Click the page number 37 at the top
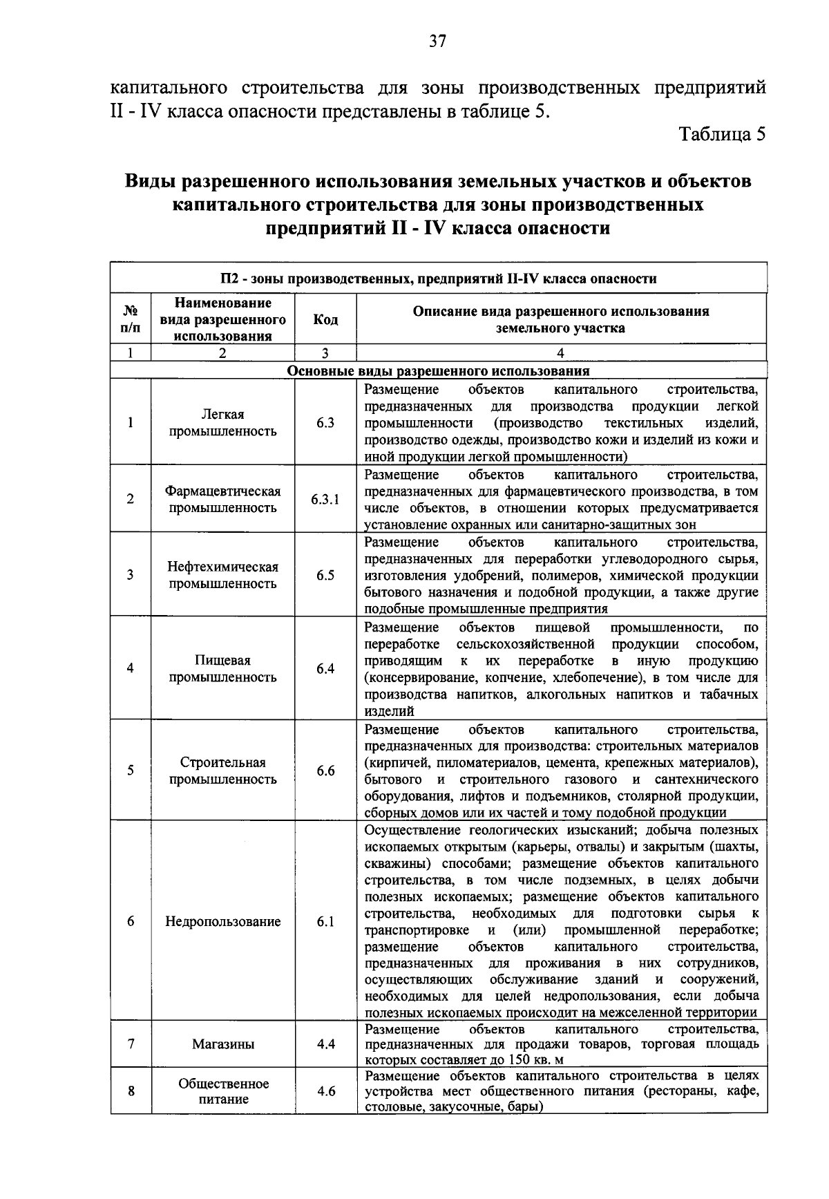[438, 41]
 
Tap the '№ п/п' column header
[131, 319]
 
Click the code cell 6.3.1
[325, 500]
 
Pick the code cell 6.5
[325, 575]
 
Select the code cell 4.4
[325, 1044]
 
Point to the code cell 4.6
[325, 1091]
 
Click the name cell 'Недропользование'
[222, 922]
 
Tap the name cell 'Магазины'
[222, 1044]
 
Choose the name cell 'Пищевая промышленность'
[222, 668]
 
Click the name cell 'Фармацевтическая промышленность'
[222, 500]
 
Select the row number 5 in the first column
[131, 771]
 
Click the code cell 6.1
[325, 922]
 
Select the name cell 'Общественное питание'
[222, 1091]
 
